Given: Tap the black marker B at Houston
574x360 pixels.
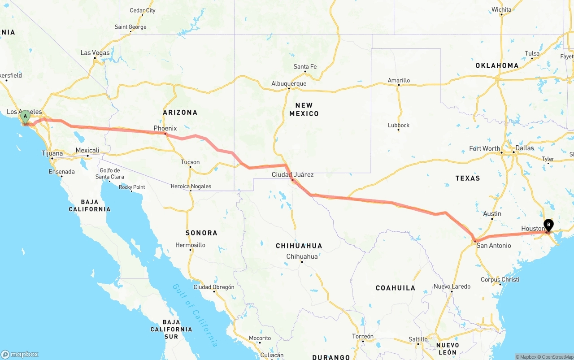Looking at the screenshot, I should pos(548,225).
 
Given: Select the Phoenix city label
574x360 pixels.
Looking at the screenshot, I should pos(165,128).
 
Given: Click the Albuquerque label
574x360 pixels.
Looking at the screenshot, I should pos(289,84).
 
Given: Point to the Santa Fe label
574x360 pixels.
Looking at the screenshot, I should pos(305,67).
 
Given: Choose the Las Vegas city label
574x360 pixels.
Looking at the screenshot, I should pos(95,53).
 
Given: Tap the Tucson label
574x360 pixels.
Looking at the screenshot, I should pos(190,162).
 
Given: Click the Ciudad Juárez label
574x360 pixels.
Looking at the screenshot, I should pos(293,174).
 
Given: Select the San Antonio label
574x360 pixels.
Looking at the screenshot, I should pos(493,246).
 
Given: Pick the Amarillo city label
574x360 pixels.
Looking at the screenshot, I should pos(399,81).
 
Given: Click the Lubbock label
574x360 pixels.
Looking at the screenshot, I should pos(399,126).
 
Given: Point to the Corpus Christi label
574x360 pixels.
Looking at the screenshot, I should pos(500,280).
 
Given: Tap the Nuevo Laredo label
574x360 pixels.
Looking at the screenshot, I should pos(452,286).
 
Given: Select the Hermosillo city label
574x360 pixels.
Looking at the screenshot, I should pos(191,245).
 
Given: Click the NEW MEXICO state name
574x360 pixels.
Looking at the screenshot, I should pos(304,109).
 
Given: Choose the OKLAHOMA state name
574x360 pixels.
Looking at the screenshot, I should pos(497,65).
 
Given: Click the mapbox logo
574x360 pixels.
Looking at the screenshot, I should pos(20,354).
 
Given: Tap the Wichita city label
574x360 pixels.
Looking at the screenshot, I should pos(501,10).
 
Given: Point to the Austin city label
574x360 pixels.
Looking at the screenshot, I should pos(492,214).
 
